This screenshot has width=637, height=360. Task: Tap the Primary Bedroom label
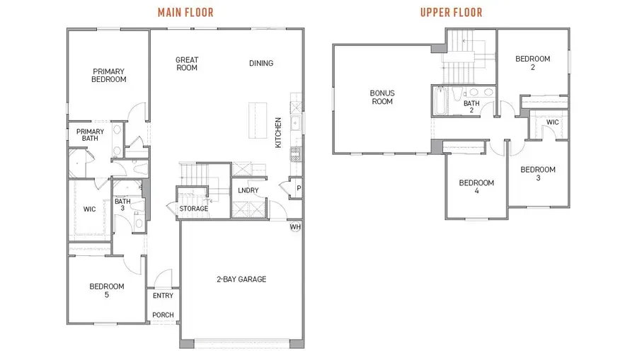tap(109, 75)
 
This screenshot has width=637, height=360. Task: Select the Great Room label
tap(187, 64)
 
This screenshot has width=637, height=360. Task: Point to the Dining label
tap(261, 64)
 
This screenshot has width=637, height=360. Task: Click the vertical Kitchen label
tap(278, 132)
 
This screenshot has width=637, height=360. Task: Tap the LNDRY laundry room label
tap(248, 190)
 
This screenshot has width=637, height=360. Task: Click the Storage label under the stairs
tap(194, 209)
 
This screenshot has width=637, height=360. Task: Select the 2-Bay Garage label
tap(241, 279)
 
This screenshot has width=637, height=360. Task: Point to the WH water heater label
tap(295, 228)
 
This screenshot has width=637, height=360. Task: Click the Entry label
tap(163, 296)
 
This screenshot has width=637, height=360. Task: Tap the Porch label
tap(163, 315)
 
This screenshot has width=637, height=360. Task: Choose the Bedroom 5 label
tap(106, 290)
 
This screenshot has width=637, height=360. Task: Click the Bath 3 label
tap(122, 205)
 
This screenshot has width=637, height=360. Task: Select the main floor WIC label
tap(89, 209)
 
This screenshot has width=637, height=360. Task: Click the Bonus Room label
tap(382, 97)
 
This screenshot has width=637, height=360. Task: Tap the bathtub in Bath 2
tap(440, 100)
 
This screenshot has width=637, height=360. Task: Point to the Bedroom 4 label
tap(476, 187)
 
